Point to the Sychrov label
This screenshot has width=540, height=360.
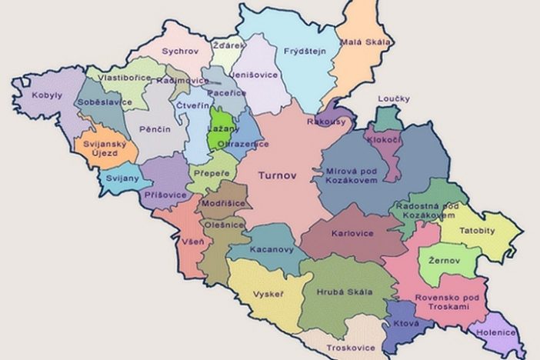point(181,52)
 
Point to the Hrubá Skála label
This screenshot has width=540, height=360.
point(344,292)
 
